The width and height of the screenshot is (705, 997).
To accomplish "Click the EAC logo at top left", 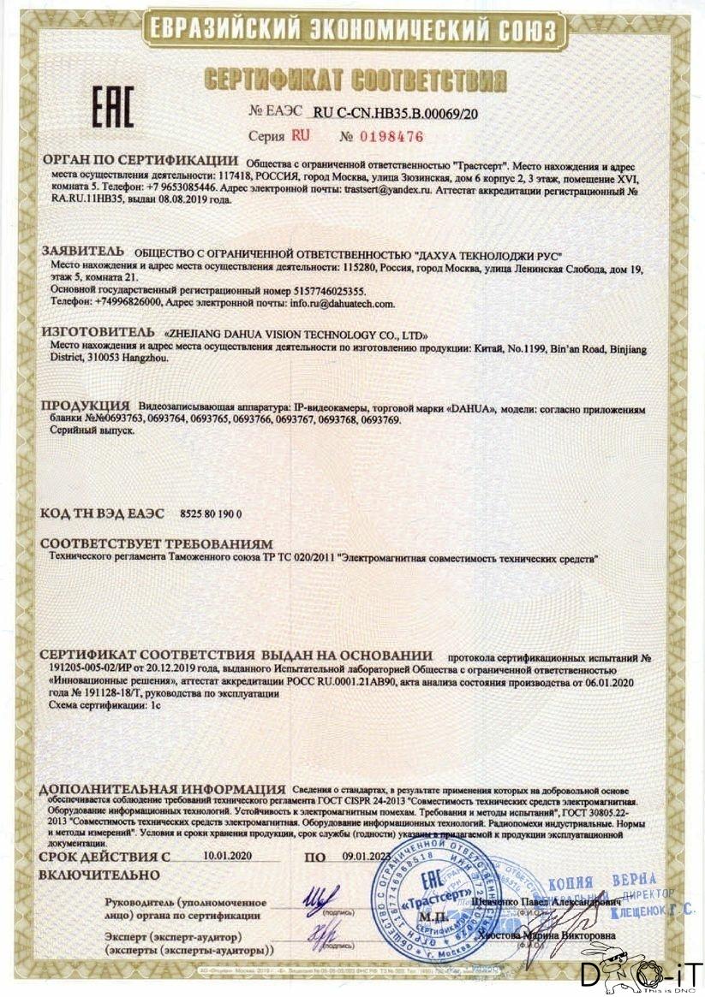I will tap(112, 107).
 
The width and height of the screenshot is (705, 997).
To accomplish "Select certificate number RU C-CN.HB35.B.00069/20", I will tap(407, 112).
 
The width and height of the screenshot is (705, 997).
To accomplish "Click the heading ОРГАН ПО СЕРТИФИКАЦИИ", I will tap(140, 160).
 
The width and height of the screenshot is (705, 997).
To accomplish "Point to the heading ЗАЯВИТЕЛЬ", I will tap(84, 253).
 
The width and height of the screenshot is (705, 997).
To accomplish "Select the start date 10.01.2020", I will tap(229, 855).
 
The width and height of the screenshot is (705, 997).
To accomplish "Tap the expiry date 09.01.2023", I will tap(367, 855).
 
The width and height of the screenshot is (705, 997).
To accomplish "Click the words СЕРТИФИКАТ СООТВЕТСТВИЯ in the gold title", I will tap(355, 80).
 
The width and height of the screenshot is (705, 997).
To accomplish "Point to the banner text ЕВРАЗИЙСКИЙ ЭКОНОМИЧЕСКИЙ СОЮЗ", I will tap(353, 32).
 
